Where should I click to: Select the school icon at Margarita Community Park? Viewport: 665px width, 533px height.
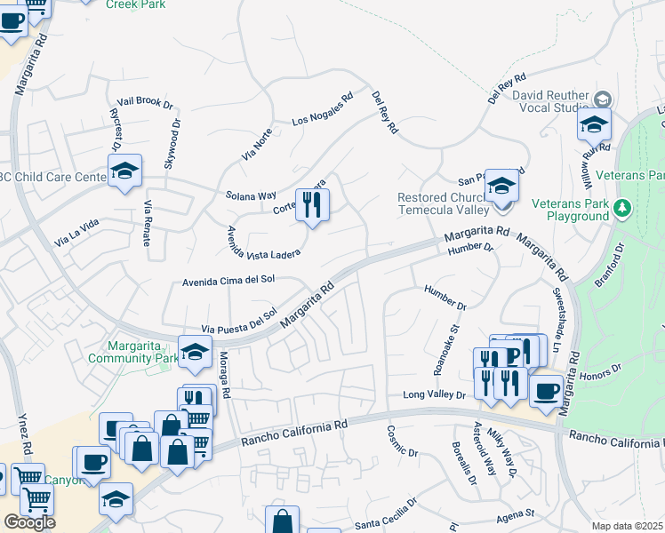tap(195, 352)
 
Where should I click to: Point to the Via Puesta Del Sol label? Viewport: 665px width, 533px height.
tap(240, 321)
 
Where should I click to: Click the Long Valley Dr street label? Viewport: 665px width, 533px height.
tap(434, 394)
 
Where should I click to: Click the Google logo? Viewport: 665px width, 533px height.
tap(29, 521)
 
